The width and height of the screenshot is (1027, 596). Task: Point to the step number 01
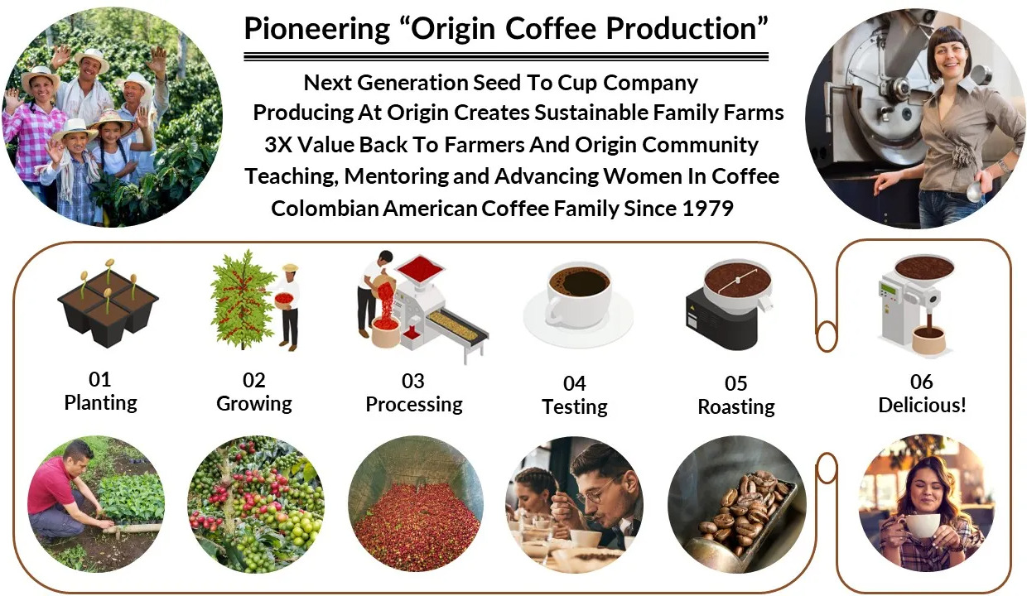tap(100, 379)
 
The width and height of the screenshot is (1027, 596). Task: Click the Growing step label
tap(254, 404)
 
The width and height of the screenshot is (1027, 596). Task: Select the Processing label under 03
tap(414, 405)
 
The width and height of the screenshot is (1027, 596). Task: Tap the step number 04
tap(575, 383)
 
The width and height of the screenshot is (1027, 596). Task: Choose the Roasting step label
tap(736, 406)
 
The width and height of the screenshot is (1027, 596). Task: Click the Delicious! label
tap(922, 405)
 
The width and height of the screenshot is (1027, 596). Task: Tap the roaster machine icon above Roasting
tap(729, 305)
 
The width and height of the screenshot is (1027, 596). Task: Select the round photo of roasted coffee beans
tap(737, 504)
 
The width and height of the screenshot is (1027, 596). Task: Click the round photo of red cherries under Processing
tap(416, 503)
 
